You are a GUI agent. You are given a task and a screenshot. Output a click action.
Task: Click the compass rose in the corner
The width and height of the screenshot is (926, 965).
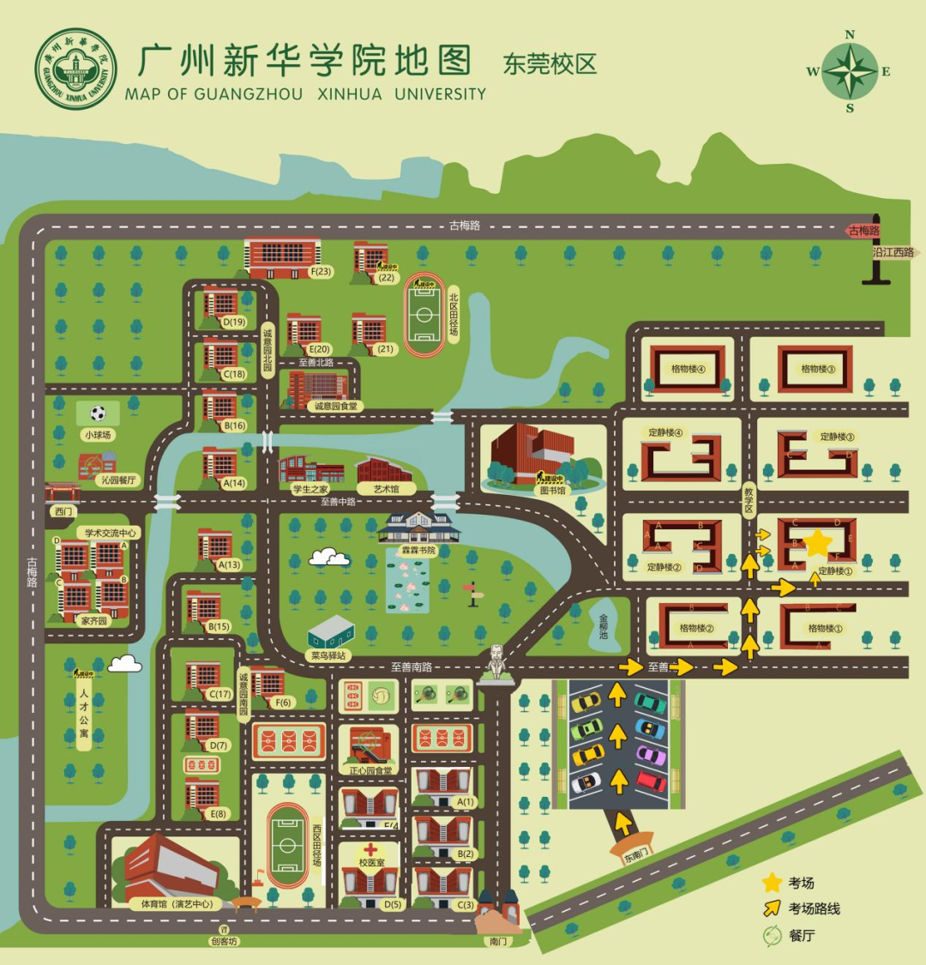coord(850,71)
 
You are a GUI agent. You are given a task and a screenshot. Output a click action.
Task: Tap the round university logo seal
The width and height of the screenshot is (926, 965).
coord(75,69)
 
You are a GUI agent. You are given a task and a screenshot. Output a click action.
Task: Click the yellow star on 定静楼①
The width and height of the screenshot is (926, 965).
coord(818,543)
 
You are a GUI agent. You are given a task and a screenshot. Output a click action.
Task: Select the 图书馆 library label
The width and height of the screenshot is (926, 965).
coord(551,490)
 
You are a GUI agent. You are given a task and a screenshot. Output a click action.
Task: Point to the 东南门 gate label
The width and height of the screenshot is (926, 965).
coord(635,856)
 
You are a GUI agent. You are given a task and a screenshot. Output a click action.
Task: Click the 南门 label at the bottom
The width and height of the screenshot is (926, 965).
coord(497,941)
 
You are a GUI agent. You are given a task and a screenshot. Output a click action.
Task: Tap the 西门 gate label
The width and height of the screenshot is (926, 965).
coord(63,511)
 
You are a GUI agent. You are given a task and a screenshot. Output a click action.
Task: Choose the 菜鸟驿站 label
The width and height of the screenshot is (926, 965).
coord(329,655)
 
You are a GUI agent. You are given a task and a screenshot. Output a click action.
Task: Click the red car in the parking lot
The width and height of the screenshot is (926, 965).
coord(651,781)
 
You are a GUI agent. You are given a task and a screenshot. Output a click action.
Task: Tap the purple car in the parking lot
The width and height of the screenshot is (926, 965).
coord(651,756)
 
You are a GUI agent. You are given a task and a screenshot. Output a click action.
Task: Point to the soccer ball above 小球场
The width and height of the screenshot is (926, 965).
coord(98,413)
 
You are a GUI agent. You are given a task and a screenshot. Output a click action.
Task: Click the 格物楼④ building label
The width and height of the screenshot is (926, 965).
coord(688,369)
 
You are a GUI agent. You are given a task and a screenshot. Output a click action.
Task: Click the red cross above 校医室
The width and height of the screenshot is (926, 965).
coord(370,848)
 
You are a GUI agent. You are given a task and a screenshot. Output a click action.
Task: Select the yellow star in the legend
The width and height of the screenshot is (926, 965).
coord(772,882)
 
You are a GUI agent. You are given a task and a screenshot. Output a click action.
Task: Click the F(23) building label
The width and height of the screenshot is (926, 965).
coord(321,272)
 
